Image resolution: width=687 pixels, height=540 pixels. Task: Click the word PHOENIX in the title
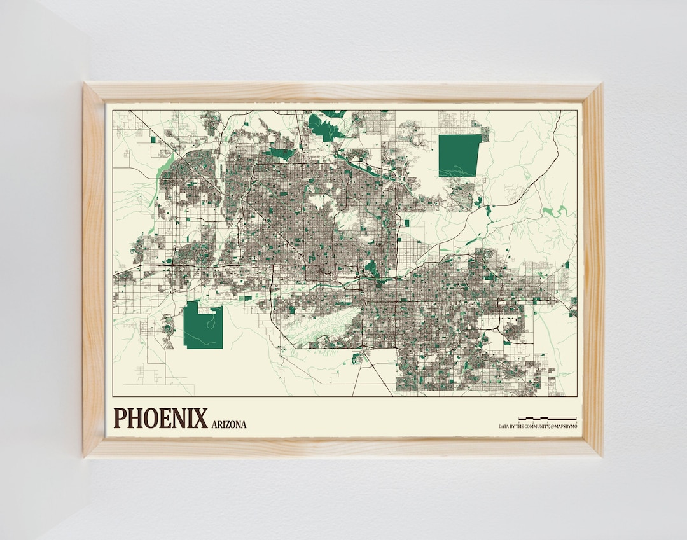point(160,419)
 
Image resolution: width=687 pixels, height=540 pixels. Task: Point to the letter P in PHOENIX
point(121,419)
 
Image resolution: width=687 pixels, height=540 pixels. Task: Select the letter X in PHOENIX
point(200,419)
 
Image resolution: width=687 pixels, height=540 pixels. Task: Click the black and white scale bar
point(547,419)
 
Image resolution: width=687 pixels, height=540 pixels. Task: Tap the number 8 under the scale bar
point(576,422)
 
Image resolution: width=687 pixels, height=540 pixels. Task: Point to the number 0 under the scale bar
point(519,422)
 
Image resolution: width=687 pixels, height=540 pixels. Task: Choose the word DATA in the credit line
point(503,427)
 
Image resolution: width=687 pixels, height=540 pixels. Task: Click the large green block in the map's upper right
point(459,155)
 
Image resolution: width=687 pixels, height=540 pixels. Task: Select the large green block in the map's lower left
point(203,326)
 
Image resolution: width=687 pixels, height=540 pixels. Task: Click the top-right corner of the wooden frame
point(601,85)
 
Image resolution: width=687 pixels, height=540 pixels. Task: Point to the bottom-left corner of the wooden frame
point(85,456)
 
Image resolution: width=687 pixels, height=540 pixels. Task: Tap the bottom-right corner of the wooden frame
point(601,455)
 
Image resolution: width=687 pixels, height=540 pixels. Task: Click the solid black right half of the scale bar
point(562,419)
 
